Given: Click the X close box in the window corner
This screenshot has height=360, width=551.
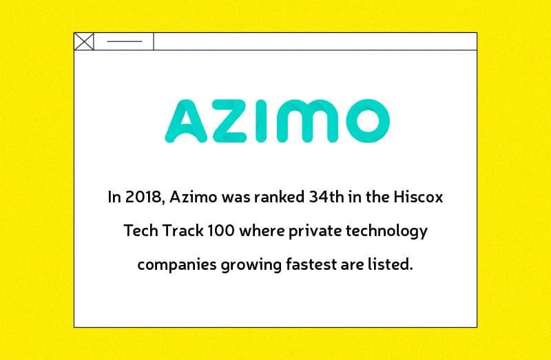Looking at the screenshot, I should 84,42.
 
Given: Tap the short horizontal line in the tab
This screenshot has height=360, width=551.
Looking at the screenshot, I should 124,42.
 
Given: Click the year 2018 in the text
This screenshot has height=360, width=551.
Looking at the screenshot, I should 143,198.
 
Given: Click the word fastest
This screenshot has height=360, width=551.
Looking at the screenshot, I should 308,264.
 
